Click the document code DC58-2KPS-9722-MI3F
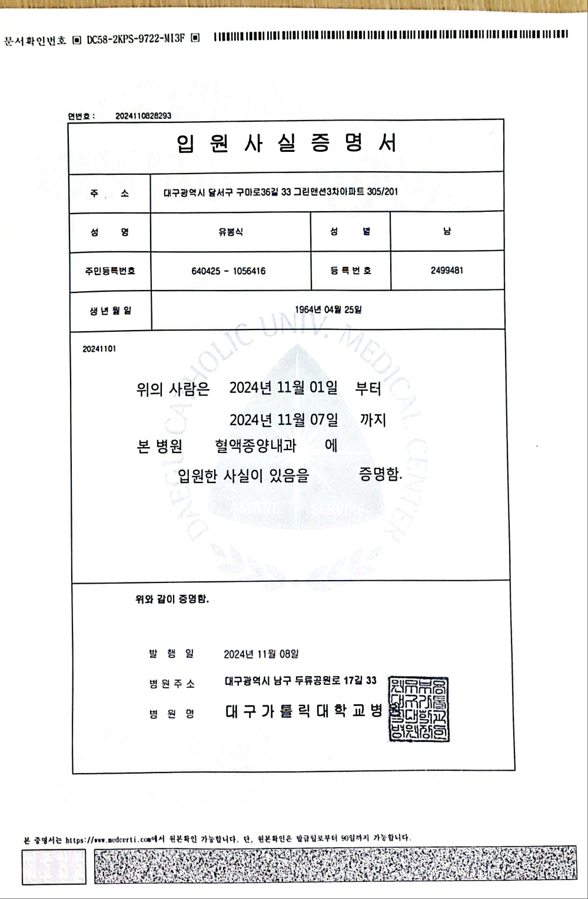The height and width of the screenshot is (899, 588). click(x=135, y=39)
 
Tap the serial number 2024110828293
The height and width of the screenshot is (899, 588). click(x=143, y=116)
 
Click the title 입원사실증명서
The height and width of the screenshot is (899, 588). click(x=287, y=144)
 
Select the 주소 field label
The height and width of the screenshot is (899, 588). click(x=109, y=193)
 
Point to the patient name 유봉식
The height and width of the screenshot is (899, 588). click(x=230, y=232)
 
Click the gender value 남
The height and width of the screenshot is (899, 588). click(x=447, y=232)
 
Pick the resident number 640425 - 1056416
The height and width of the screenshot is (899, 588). click(x=228, y=271)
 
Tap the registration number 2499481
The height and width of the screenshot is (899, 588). click(x=447, y=271)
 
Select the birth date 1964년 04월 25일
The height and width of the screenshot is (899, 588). click(x=328, y=309)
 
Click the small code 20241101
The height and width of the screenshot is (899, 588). click(x=99, y=349)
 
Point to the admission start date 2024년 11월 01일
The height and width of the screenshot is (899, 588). click(x=283, y=388)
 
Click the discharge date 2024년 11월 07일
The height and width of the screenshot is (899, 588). click(x=283, y=419)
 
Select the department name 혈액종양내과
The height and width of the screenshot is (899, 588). click(x=255, y=446)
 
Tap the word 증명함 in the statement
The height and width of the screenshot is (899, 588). click(x=380, y=474)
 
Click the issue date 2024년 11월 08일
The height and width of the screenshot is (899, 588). click(x=261, y=654)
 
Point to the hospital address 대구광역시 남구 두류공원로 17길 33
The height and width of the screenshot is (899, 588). click(x=300, y=681)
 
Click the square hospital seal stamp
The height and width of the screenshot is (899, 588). click(x=419, y=709)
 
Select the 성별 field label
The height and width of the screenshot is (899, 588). click(x=350, y=232)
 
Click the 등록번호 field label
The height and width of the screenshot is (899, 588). click(x=350, y=271)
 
